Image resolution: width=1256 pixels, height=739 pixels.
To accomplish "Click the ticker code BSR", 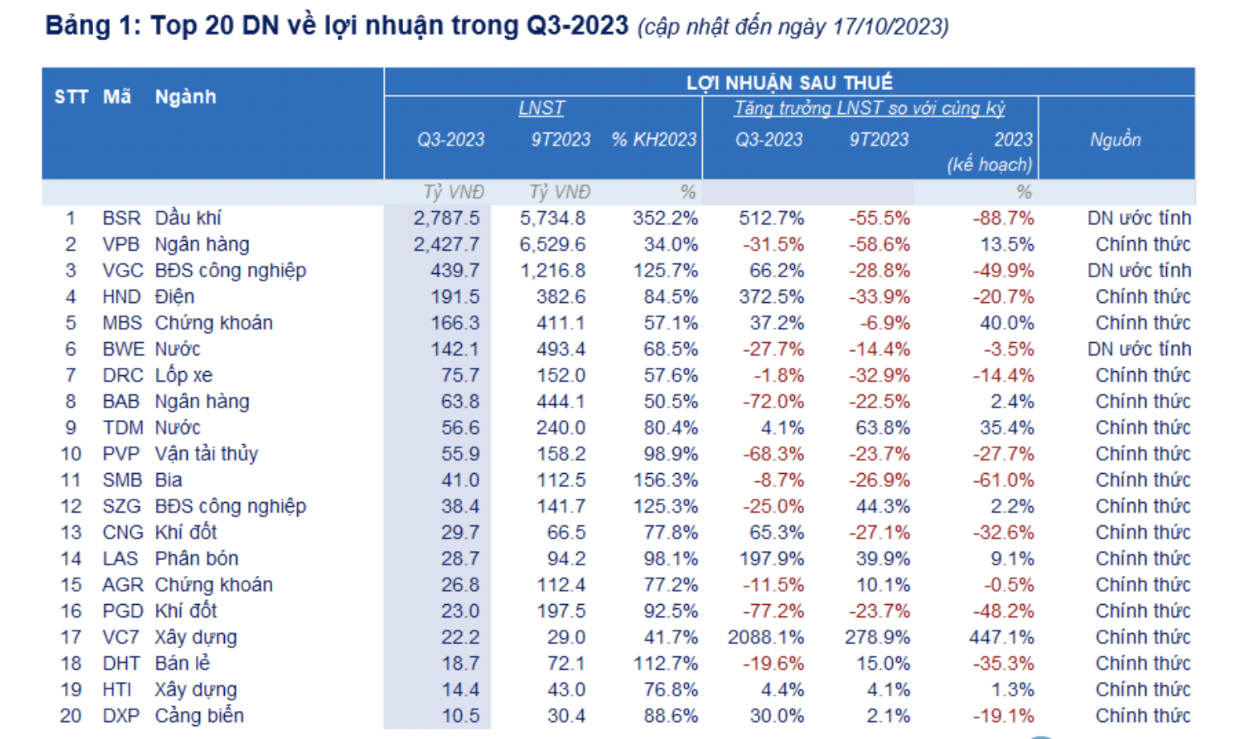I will pos(121,218).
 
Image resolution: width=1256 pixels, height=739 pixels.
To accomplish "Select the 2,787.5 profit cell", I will pos(447,218).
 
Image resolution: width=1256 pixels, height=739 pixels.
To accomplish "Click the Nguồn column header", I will pos(1115,140).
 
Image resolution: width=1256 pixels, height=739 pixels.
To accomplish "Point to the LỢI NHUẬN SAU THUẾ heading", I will pos(789,83).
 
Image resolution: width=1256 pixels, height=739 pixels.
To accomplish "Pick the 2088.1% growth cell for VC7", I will pos(765,637).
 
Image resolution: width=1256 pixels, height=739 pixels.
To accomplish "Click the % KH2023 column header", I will pos(654,140).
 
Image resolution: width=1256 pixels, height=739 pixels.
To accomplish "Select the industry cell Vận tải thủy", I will pos(206,454).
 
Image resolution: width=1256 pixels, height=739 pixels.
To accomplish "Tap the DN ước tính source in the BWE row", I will pos(1139,349).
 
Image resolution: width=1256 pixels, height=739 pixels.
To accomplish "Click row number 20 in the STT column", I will pos(71,716).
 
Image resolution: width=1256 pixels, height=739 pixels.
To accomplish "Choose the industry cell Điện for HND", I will pos(174,297).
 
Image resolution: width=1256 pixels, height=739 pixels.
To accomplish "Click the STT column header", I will pos(71,97).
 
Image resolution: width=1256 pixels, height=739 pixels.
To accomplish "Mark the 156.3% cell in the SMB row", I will pos(665,480).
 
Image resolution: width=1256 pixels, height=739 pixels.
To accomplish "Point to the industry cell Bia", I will pos(169,480).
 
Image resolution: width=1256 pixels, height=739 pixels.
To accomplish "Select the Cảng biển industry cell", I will pos(199,716).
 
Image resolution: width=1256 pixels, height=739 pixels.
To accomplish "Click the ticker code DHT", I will pos(121,663).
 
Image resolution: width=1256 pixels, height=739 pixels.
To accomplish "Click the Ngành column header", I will pos(186,97).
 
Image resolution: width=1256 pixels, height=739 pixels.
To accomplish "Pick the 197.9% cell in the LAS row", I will pos(771,559).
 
